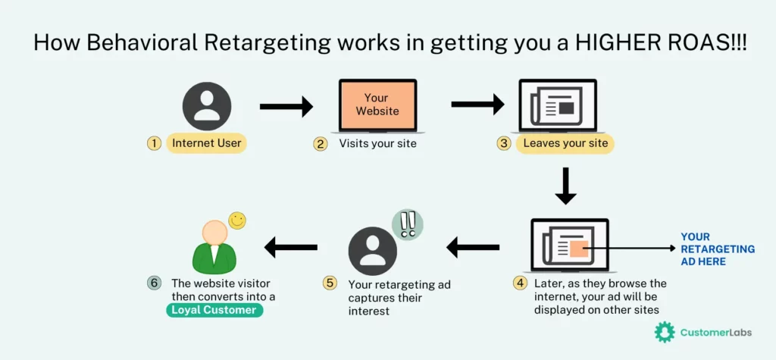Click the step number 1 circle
(x=154, y=143)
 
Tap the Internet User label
(x=206, y=143)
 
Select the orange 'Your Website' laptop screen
(x=377, y=105)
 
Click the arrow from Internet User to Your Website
(x=286, y=107)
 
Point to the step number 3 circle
(x=503, y=143)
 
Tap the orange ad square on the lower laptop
(x=578, y=248)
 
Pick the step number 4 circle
(x=520, y=283)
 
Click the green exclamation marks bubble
(x=408, y=224)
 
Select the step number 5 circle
(x=330, y=283)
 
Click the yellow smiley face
(x=237, y=221)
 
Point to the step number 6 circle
(x=154, y=283)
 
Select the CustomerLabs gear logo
(x=665, y=332)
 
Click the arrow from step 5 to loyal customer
(x=290, y=247)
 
